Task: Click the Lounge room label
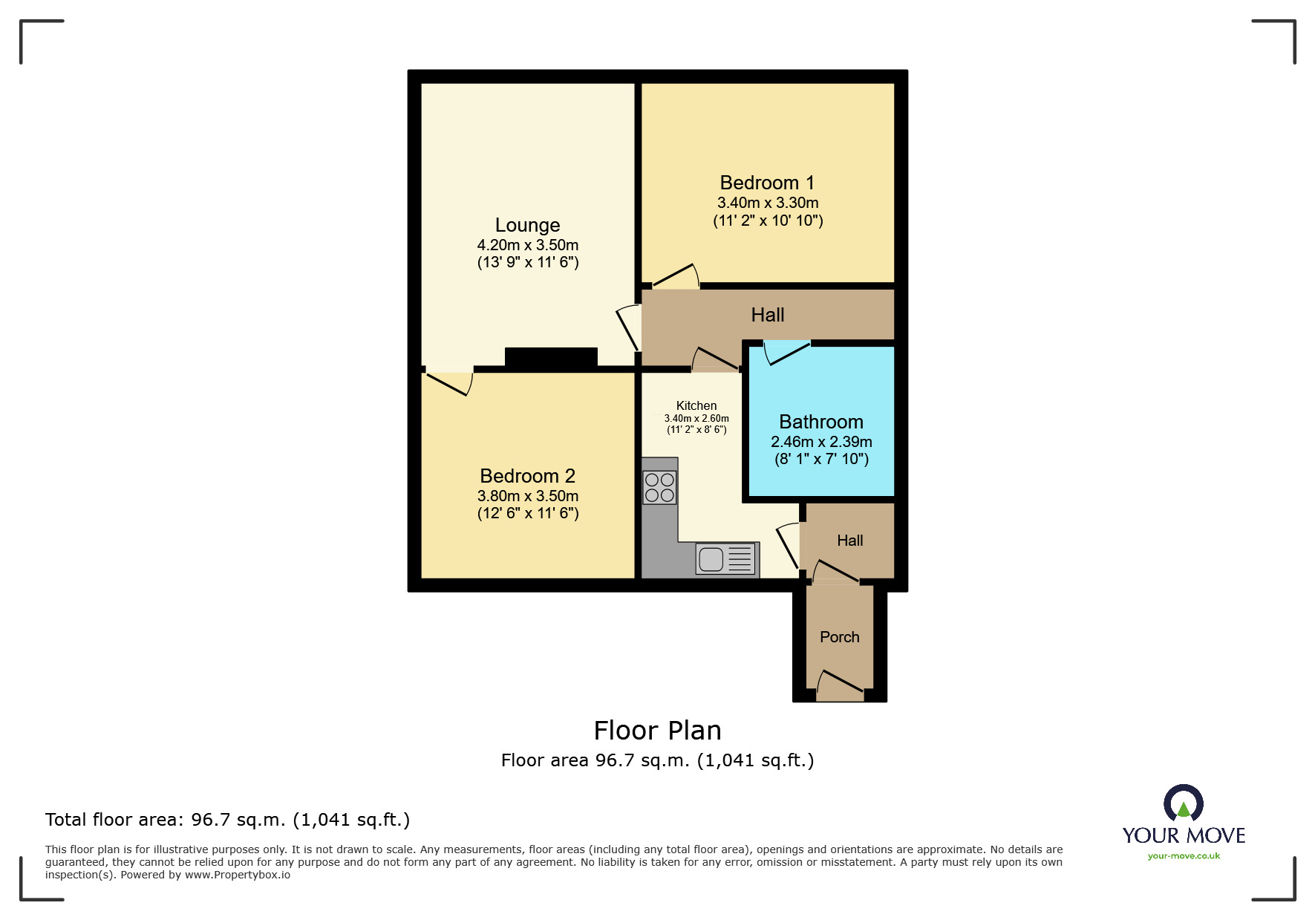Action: pos(527,225)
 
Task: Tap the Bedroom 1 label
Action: pos(766,183)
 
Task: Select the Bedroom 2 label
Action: pos(527,476)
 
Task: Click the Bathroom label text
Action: pos(820,422)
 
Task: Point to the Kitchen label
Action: pos(696,405)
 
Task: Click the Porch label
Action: pos(839,637)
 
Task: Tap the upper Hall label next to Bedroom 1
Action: pos(767,315)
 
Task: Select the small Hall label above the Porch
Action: pos(849,541)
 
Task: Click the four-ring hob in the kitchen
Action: pos(659,488)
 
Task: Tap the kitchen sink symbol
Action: pos(725,559)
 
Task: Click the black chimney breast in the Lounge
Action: pos(551,357)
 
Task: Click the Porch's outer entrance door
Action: pos(841,683)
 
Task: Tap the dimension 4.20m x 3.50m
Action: pos(527,245)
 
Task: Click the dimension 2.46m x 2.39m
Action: pos(820,442)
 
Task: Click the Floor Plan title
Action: pos(657,731)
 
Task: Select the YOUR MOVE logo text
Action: pos(1183,835)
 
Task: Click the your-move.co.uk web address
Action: pos(1183,856)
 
